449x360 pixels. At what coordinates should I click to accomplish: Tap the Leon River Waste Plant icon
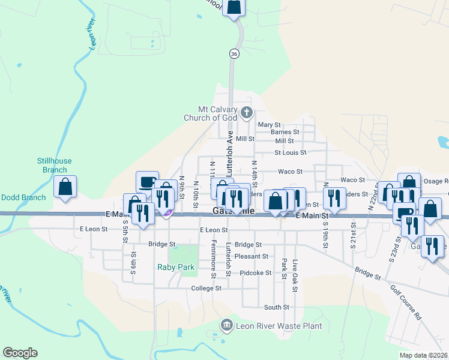click(x=227, y=326)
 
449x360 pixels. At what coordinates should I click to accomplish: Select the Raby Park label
click(x=176, y=267)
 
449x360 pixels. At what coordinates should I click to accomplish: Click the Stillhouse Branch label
click(x=52, y=165)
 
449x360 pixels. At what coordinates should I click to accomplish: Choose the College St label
click(x=206, y=288)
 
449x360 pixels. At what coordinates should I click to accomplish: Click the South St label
click(x=277, y=307)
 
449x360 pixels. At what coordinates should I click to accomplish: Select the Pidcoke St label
click(x=256, y=273)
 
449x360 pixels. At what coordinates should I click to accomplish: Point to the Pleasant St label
click(x=251, y=256)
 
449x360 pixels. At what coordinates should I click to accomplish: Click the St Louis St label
click(x=291, y=153)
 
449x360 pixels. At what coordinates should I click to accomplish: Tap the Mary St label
click(x=269, y=125)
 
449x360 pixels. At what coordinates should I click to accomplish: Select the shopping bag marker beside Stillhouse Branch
click(x=65, y=187)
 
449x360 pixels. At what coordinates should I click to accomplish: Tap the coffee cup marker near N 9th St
click(x=147, y=182)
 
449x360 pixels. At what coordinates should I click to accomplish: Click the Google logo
click(x=20, y=353)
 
